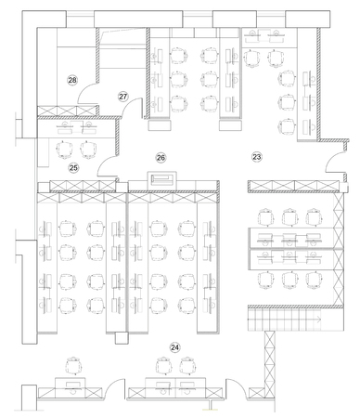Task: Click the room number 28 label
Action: coord(72,80)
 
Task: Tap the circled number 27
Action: coord(123,97)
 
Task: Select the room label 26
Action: coord(161,158)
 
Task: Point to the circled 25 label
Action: coord(73,168)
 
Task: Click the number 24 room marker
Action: coord(174,347)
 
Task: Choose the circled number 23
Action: coord(257,157)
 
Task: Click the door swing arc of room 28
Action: coord(83,89)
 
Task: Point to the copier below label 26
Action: coord(161,179)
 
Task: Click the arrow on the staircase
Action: coord(318,319)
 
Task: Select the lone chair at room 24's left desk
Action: coord(74,366)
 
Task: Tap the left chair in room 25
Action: coord(64,150)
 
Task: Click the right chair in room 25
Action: coord(89,150)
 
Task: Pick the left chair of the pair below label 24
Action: coord(164,366)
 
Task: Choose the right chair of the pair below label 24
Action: coord(188,366)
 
